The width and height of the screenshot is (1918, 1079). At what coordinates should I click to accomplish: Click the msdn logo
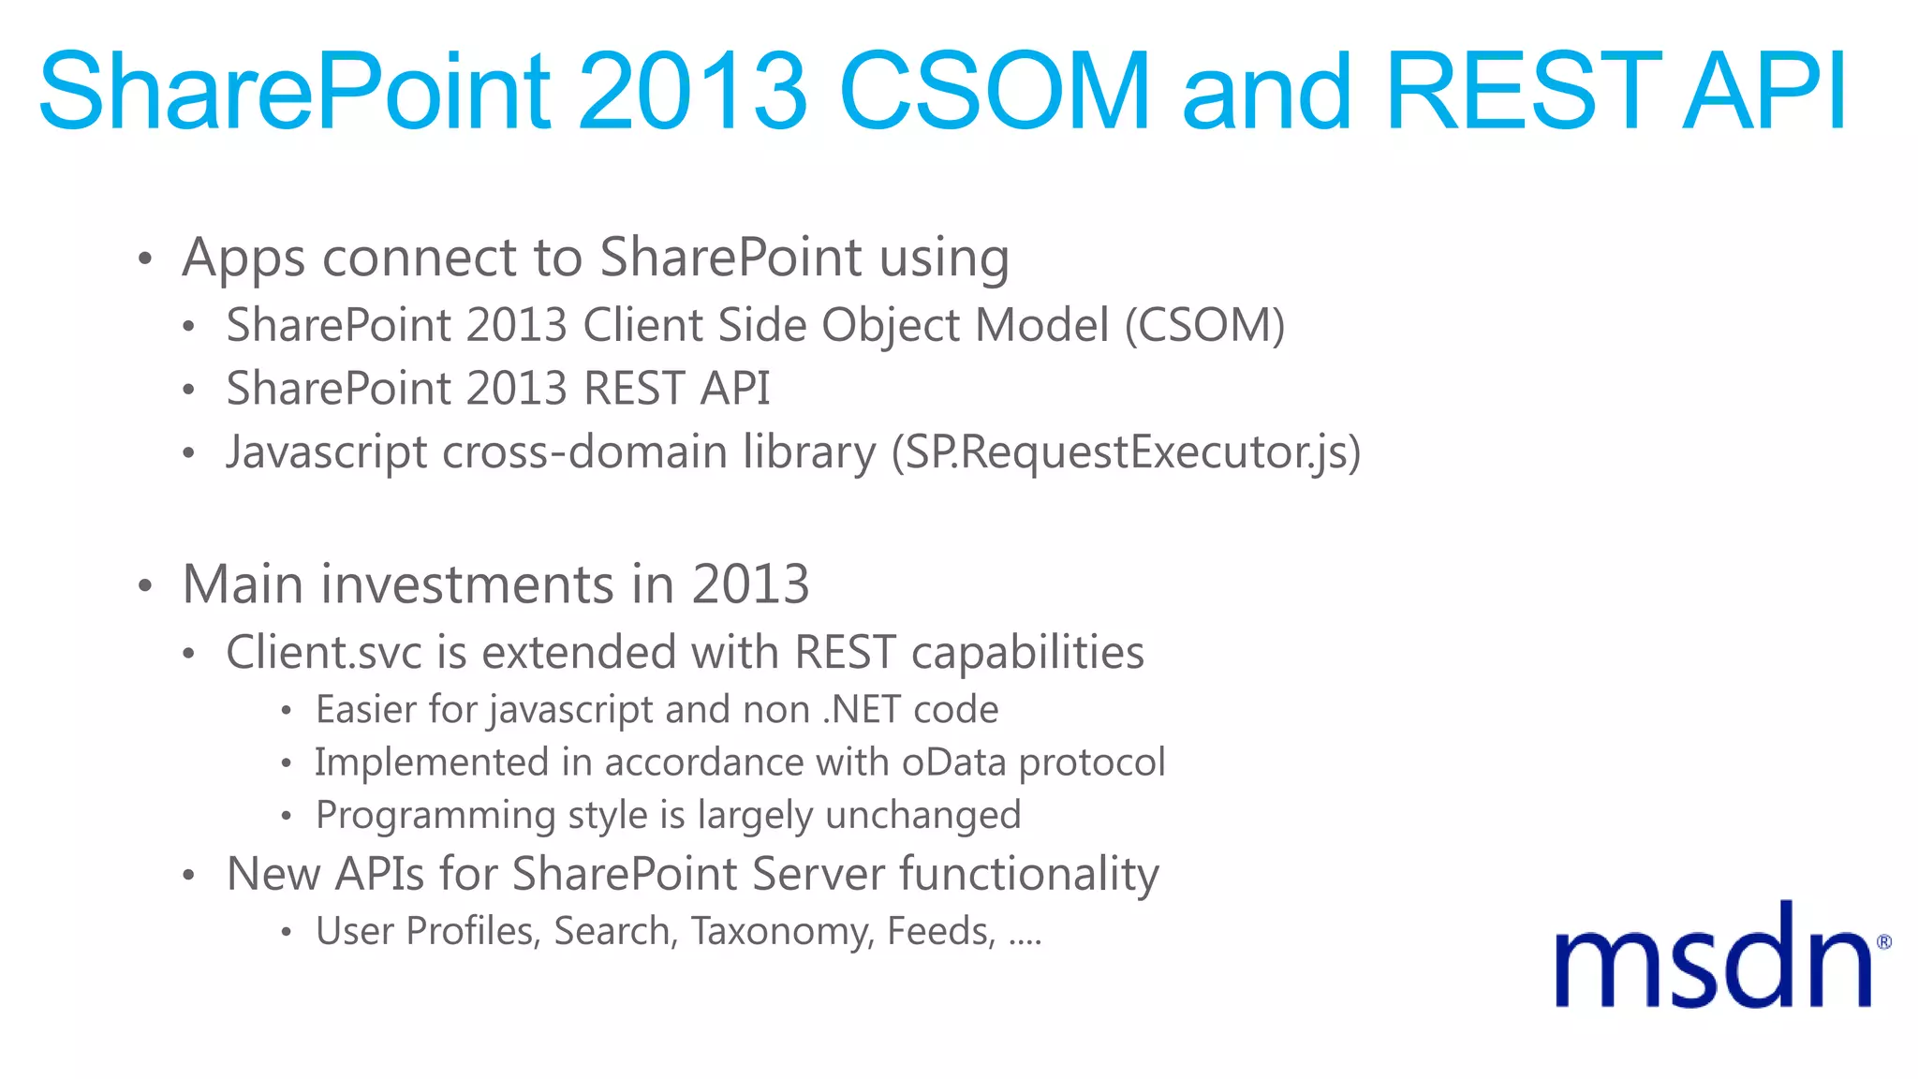click(x=1714, y=957)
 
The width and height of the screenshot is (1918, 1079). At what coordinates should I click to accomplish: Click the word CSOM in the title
click(x=995, y=91)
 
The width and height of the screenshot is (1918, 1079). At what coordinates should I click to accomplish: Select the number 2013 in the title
click(x=693, y=91)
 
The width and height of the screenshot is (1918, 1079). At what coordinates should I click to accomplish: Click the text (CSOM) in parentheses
click(x=1204, y=326)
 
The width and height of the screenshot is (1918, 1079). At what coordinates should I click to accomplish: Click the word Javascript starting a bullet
click(x=327, y=452)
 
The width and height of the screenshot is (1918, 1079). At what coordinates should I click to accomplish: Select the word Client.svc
click(x=324, y=653)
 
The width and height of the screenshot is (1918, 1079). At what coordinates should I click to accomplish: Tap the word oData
click(x=954, y=762)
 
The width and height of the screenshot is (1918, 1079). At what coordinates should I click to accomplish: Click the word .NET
click(x=862, y=710)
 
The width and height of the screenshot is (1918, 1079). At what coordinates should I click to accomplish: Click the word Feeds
click(x=940, y=931)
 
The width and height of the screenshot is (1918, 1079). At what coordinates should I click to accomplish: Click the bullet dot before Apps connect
click(x=144, y=259)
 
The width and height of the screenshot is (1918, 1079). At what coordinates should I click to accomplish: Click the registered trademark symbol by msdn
click(x=1884, y=942)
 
